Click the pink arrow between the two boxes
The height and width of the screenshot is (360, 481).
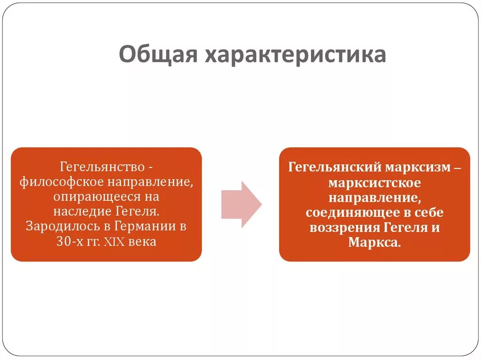click(x=241, y=204)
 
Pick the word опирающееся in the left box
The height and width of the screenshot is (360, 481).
click(x=94, y=197)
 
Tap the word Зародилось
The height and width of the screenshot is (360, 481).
click(x=59, y=227)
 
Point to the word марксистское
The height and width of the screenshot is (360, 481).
click(x=374, y=183)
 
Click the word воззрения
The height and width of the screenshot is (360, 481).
click(x=344, y=228)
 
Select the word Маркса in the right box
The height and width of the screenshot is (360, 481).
click(x=373, y=243)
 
